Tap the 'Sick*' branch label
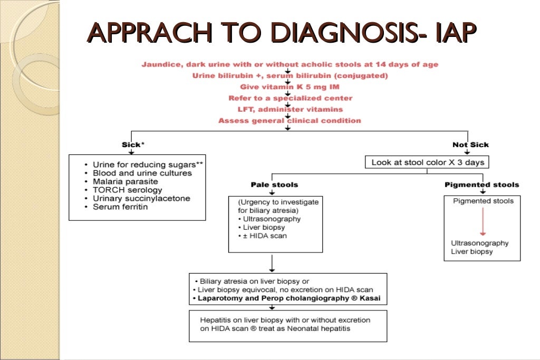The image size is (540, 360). coord(131,144)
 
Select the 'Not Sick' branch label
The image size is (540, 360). coord(470,144)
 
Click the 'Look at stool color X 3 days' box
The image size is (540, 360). coord(427,162)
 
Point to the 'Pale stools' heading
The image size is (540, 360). coord(274,184)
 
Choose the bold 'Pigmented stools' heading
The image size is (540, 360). coord(481,184)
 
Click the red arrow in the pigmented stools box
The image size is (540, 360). coord(481,221)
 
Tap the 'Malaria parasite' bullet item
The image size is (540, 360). coord(125,181)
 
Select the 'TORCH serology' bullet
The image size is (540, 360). coord(127,190)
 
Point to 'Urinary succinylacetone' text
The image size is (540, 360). coord(141,198)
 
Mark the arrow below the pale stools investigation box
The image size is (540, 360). coord(271,262)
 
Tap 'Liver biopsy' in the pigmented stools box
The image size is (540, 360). coord(471,251)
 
